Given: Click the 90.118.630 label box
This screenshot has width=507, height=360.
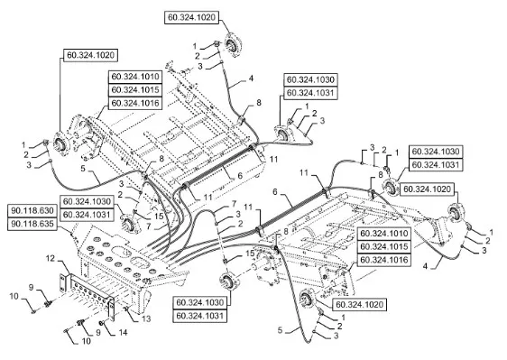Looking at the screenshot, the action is pos(32,210).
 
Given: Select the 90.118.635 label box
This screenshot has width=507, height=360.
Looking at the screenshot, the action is pos(32,224).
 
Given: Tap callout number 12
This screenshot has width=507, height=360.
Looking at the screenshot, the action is pos(51,258).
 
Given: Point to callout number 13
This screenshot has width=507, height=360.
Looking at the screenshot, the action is pos(146,318).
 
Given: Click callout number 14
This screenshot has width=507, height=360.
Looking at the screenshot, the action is pos(122,332).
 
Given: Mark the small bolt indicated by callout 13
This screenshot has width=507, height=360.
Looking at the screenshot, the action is pos(126,310).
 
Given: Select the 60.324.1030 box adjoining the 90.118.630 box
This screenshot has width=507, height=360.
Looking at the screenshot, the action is pos(87,201).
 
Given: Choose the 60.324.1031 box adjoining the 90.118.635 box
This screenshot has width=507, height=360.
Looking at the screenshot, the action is pos(87,215).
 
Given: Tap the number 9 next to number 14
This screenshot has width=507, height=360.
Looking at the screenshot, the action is pos(98,332).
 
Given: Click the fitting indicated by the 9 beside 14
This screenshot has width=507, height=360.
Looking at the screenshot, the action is pos(80,322).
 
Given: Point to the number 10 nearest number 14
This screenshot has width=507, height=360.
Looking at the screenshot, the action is pos(87,341).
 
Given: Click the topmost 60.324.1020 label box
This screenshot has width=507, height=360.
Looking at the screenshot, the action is pos(192,17).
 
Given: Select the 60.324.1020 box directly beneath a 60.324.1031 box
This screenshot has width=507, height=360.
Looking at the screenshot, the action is pos(427,189).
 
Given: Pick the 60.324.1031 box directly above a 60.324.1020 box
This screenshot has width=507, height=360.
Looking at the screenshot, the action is pos(436,164).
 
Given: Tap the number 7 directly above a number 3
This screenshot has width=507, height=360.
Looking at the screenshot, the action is pos(234,205).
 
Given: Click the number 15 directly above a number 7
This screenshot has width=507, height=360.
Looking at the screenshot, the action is pos(159,216).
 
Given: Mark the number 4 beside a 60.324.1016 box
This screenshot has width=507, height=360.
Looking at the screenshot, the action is pos(425,266).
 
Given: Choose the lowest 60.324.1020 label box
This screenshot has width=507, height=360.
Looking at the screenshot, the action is pos(360,304).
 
